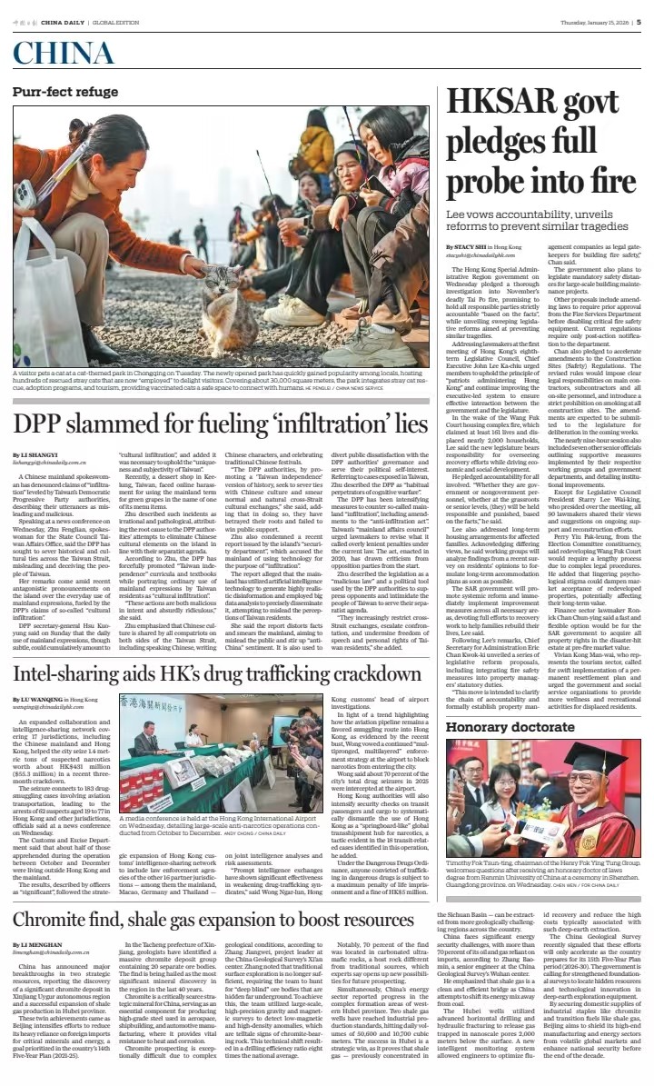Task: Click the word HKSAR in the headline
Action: (504, 103)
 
